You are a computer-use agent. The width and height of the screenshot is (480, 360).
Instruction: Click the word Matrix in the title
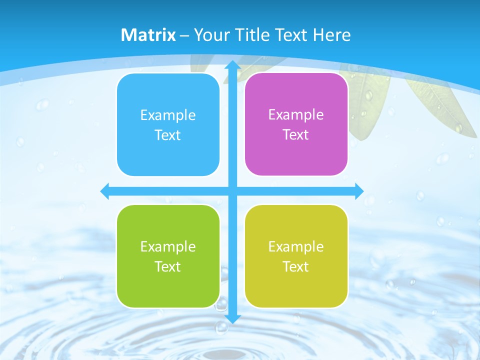pyautogui.click(x=148, y=35)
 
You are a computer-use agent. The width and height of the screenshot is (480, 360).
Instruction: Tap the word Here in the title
pyautogui.click(x=331, y=35)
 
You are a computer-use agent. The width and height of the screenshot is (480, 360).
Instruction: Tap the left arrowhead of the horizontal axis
pyautogui.click(x=105, y=191)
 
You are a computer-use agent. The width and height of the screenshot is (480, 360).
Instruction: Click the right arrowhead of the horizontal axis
pyautogui.click(x=359, y=191)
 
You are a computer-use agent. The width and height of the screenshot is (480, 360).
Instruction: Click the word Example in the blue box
pyautogui.click(x=168, y=115)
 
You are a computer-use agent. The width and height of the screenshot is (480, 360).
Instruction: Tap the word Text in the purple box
pyautogui.click(x=296, y=135)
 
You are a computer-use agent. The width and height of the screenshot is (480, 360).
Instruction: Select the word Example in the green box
pyautogui.click(x=168, y=246)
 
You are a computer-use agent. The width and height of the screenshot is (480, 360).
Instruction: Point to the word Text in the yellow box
pyautogui.click(x=296, y=266)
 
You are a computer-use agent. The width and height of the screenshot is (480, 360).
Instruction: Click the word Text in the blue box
pyautogui.click(x=168, y=135)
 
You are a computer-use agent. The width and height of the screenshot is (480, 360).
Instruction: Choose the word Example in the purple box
pyautogui.click(x=296, y=115)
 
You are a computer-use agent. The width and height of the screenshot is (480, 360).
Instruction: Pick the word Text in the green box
pyautogui.click(x=168, y=266)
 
